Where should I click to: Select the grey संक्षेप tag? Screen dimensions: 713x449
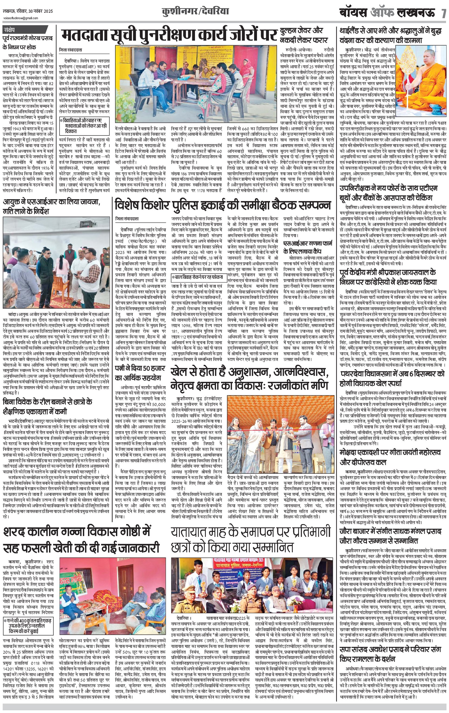point(12,30)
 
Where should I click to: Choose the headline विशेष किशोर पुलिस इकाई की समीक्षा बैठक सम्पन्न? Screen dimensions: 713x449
point(223,205)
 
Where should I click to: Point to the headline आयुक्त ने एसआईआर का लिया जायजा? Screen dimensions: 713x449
point(52,207)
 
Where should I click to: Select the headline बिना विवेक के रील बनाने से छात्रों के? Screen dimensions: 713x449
point(47,406)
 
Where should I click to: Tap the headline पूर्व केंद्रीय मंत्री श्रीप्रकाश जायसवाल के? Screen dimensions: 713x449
point(388,277)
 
